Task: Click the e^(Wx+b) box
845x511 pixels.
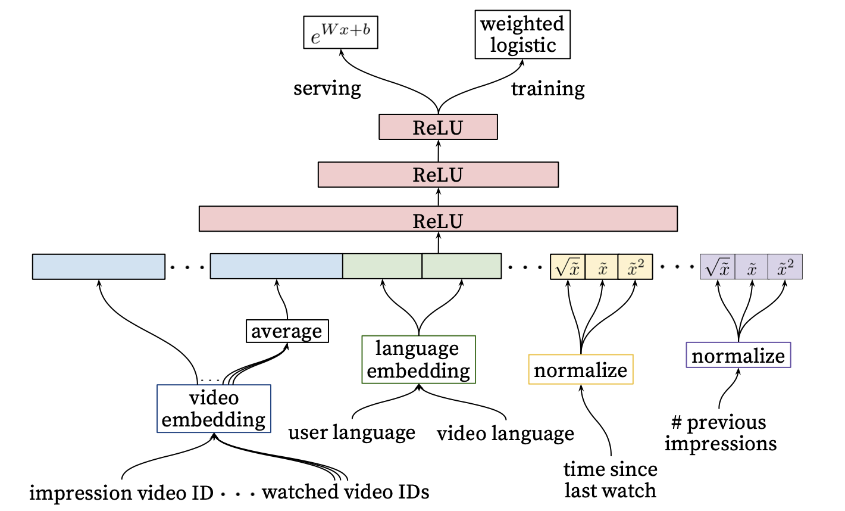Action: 340,33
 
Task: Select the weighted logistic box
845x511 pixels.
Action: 522,35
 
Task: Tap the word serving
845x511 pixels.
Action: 327,89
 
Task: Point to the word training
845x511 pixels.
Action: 547,89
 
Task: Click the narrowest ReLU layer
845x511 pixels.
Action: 438,127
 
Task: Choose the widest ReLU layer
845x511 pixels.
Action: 438,219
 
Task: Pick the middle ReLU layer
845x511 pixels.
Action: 438,175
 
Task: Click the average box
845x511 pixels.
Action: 287,331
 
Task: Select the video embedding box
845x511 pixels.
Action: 214,409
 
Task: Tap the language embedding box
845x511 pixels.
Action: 418,359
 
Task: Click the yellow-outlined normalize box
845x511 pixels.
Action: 581,370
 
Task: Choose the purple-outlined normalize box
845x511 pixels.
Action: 738,355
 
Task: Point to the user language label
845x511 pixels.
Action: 352,432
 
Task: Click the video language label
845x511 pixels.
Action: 505,434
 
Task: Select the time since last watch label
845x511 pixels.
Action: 610,480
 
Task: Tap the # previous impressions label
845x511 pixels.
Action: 721,433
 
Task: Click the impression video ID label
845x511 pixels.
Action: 121,493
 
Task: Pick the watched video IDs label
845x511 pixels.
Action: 346,492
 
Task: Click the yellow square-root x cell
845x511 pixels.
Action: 568,267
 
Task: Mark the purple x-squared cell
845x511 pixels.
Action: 785,267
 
